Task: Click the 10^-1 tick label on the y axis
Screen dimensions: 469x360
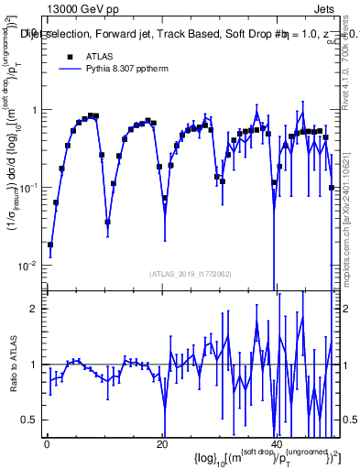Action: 28,188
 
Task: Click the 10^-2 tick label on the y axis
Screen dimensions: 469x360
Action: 28,266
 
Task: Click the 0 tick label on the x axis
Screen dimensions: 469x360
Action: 47,444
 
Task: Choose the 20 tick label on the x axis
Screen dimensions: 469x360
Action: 161,444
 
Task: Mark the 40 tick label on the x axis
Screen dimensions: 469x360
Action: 276,444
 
